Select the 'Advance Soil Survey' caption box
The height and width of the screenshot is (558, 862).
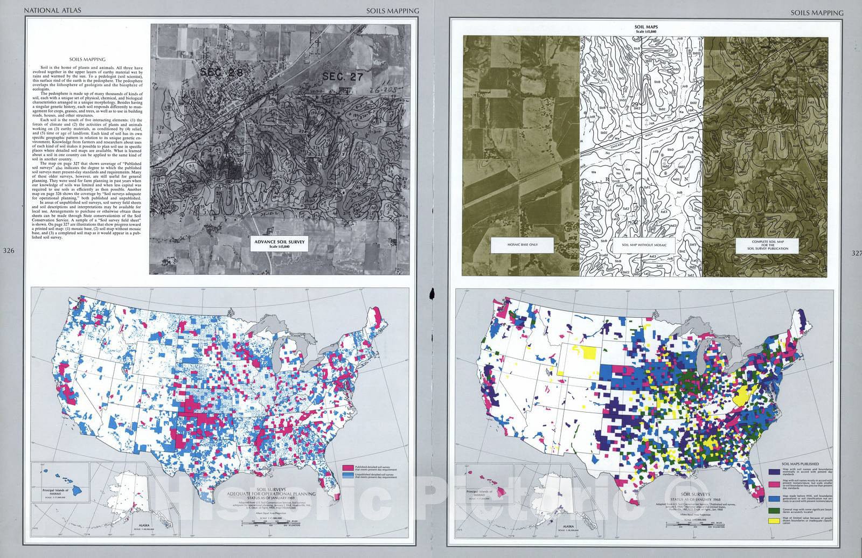(x=280, y=244)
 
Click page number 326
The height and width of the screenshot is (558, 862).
(x=9, y=251)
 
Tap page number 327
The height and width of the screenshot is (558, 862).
(x=854, y=253)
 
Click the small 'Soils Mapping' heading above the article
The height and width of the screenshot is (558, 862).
(x=90, y=60)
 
